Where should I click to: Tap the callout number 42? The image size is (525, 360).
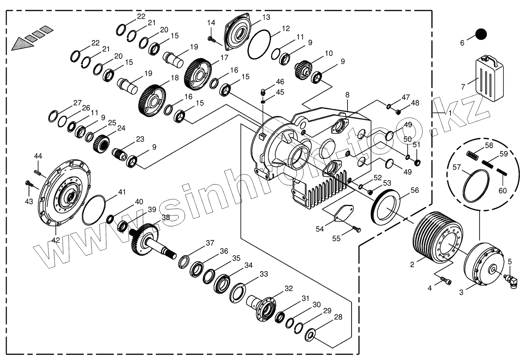[x=55, y=240]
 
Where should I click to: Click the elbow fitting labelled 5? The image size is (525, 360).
[x=512, y=281]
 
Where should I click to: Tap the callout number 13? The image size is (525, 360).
[x=266, y=17]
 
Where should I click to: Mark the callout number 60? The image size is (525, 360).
[x=502, y=191]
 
